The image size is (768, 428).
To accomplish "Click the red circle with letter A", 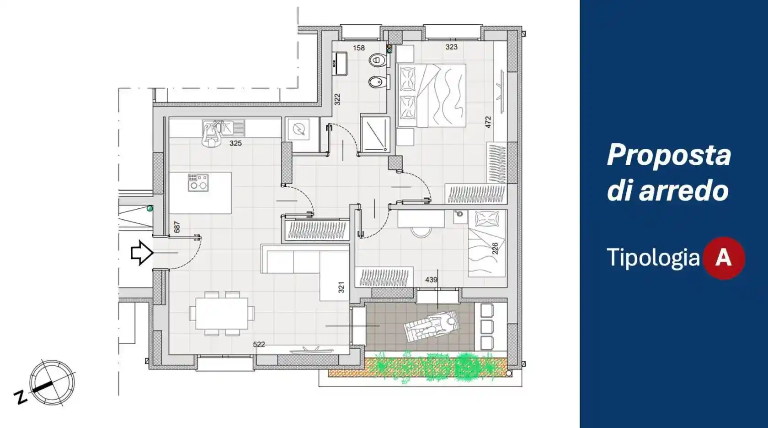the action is point(723,258).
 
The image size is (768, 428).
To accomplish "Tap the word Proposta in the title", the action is point(669,156).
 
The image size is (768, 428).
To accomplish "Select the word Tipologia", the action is point(653,257).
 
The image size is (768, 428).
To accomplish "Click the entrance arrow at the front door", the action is point(142,253).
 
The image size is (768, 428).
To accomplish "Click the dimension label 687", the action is point(177,227).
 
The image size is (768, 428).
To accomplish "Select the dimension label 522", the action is point(259,344).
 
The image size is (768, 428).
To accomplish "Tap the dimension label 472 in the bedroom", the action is point(488,122).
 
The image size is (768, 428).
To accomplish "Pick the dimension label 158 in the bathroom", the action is point(359,48).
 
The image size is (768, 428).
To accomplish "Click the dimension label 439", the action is point(431,280).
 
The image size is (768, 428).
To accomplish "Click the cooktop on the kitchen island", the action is point(198,183).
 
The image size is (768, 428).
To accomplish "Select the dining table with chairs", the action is point(222,314).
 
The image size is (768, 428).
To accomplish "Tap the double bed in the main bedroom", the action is point(432,95).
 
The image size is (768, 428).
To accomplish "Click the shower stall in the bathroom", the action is point(375,134).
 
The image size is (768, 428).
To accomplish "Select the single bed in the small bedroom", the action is point(487,244).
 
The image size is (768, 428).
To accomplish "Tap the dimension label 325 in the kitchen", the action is point(235,143).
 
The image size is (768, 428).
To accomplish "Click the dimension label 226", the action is point(495,249).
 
